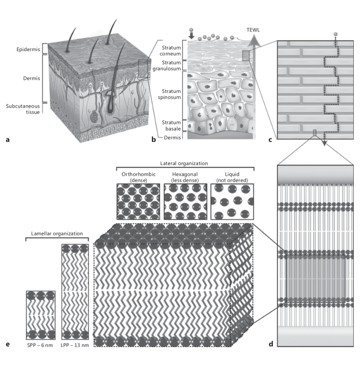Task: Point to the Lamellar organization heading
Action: coord(51,233)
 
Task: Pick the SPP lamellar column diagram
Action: coord(40,313)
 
